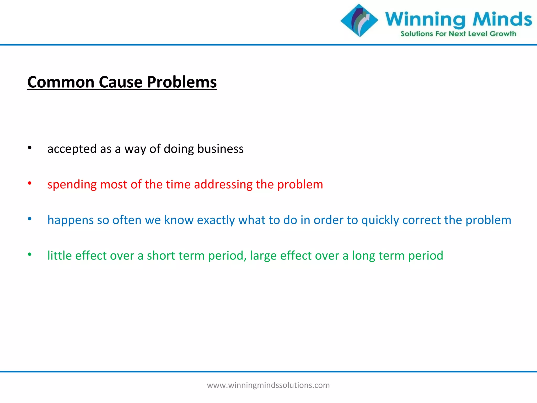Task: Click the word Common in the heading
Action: tap(61, 82)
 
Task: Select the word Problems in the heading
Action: tap(182, 82)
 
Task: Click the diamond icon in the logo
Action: tap(359, 20)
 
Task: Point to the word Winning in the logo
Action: tap(425, 20)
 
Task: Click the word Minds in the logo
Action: tap(502, 19)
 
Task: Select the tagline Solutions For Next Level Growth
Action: tap(458, 34)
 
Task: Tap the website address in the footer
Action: tap(268, 385)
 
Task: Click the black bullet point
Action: tap(30, 148)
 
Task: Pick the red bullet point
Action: tap(30, 183)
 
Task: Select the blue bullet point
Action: tap(30, 219)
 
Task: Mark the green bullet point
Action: tap(30, 254)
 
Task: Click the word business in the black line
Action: tap(220, 149)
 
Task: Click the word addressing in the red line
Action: tap(223, 184)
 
